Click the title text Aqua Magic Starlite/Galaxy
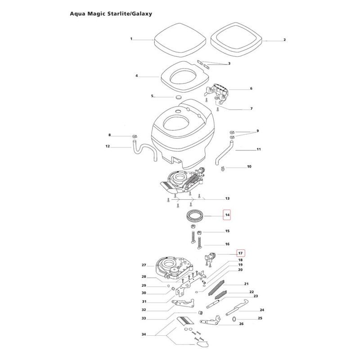point(111,13)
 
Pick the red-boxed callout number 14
point(227,216)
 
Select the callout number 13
point(227,198)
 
